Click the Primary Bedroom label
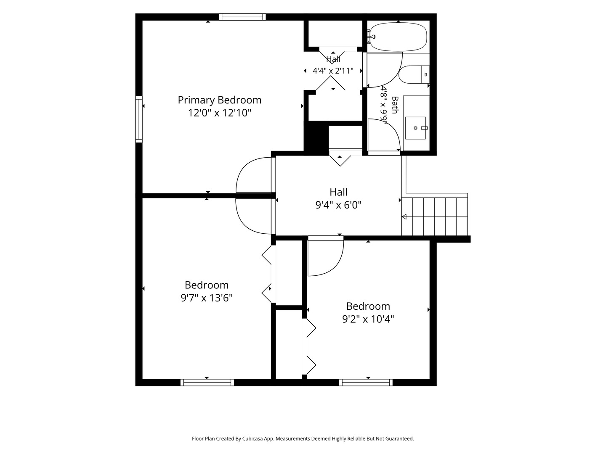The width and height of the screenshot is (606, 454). pyautogui.click(x=220, y=100)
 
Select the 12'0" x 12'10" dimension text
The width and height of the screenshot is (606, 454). pyautogui.click(x=220, y=113)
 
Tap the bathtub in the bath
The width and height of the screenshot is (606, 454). pyautogui.click(x=398, y=37)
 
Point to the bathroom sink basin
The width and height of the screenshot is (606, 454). pyautogui.click(x=415, y=128)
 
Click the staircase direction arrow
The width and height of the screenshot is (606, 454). pyautogui.click(x=404, y=216)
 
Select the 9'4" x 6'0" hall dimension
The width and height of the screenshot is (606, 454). pyautogui.click(x=338, y=205)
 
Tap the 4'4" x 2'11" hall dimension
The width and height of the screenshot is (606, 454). pyautogui.click(x=333, y=71)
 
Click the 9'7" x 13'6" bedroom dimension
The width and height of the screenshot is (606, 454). pyautogui.click(x=207, y=298)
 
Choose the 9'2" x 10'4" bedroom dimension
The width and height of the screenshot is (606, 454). pyautogui.click(x=368, y=319)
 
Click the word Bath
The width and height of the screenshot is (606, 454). pyautogui.click(x=395, y=105)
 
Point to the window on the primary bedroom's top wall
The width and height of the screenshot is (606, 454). pyautogui.click(x=242, y=17)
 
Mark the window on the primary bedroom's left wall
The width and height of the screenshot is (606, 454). pyautogui.click(x=139, y=119)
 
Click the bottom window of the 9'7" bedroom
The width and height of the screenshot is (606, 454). pyautogui.click(x=207, y=383)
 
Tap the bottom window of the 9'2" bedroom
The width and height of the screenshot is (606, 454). pyautogui.click(x=366, y=383)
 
